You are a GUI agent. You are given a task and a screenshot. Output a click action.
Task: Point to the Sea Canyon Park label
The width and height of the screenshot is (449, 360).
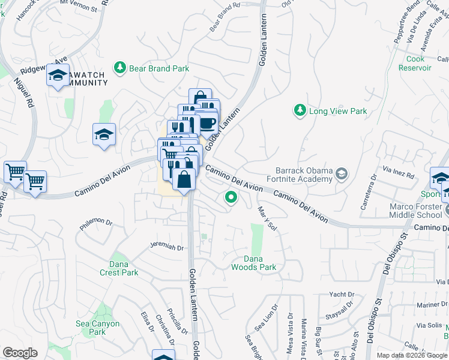click(97, 328)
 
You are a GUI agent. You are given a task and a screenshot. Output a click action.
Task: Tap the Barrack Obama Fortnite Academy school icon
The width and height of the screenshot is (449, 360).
click(341, 175)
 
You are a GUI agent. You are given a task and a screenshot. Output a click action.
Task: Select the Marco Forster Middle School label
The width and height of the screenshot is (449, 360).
click(415, 211)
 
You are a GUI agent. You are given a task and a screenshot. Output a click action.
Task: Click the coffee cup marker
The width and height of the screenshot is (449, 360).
click(208, 122)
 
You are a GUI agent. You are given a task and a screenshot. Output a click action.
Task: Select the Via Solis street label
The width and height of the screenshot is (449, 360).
click(427, 325)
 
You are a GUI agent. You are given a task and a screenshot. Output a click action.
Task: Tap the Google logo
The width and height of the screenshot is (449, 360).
click(20, 353)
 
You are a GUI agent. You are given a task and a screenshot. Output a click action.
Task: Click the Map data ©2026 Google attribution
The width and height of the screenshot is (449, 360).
click(412, 355)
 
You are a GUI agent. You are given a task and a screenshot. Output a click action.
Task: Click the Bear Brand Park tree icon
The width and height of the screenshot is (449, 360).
click(121, 68)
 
